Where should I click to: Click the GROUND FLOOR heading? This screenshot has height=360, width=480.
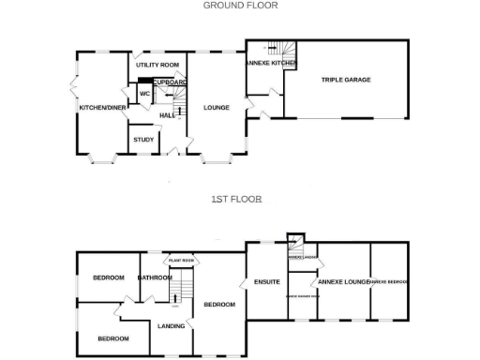click(240, 5)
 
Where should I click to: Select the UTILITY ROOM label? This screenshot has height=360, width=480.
click(157, 65)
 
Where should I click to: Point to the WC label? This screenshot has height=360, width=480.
click(145, 94)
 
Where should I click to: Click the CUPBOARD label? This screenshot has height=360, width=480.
click(170, 82)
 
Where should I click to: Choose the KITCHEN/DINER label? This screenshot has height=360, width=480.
click(102, 108)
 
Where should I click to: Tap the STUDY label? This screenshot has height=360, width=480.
click(143, 140)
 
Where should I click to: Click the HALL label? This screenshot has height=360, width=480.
click(168, 115)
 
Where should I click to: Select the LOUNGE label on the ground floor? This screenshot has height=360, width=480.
click(217, 108)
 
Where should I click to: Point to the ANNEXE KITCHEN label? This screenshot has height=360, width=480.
click(271, 63)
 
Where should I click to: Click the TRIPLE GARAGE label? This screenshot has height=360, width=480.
click(346, 80)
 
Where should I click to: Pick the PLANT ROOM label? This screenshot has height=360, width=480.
click(181, 260)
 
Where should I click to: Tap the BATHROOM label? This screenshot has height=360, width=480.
click(155, 277)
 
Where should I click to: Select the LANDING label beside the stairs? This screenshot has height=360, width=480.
click(171, 326)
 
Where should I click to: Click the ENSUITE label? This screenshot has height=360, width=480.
click(267, 281)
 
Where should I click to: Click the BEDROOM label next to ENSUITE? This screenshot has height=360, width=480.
click(219, 305)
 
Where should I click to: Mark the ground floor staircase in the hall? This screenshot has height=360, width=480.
click(176, 97)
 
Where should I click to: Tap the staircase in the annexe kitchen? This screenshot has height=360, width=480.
click(281, 49)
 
